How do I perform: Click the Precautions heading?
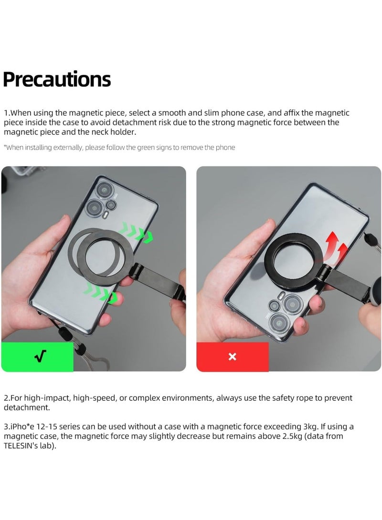click(57, 80)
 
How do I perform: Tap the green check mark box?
click(37, 357)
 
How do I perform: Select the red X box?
click(233, 357)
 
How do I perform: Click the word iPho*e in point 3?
click(21, 427)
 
